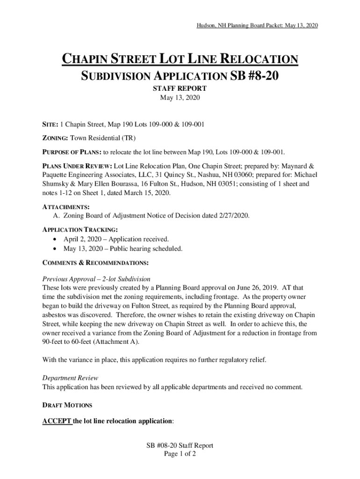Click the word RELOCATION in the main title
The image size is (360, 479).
(259, 60)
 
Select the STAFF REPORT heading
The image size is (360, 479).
(180, 88)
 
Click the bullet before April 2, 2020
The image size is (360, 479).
(56, 239)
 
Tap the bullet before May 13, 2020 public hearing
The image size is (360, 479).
(56, 248)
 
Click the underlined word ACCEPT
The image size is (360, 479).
(57, 421)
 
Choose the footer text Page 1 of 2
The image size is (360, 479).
(180, 454)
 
